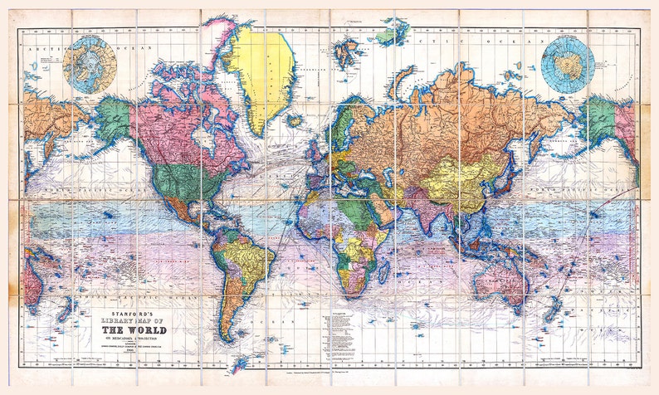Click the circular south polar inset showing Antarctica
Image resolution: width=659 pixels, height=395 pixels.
coord(568,62)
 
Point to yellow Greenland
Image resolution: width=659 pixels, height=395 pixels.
coord(262,71)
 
